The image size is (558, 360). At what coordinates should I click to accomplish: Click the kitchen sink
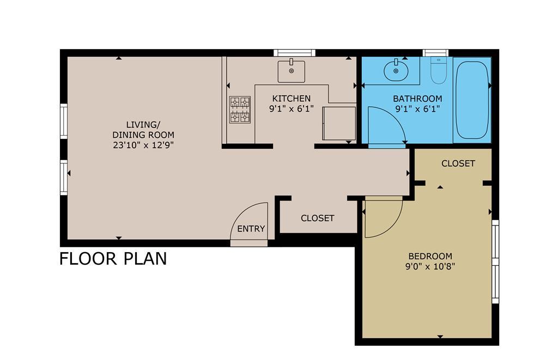(291, 71)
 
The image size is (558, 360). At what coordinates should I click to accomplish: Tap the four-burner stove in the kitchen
(240, 109)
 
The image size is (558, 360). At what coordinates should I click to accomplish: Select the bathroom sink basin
(396, 70)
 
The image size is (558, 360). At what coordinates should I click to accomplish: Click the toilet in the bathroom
(438, 70)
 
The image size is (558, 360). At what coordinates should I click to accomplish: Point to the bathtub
(472, 100)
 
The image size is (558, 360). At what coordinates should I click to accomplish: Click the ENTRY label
(251, 229)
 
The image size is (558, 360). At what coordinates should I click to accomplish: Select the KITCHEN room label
(292, 99)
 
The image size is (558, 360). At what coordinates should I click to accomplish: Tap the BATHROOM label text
(417, 99)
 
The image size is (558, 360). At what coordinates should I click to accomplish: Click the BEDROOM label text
(430, 256)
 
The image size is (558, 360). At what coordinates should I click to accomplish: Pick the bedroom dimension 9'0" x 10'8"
(430, 266)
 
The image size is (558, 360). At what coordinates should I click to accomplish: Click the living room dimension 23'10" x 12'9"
(143, 145)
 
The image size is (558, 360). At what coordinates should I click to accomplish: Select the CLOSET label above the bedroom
(458, 163)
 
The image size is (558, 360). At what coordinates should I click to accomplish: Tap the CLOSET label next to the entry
(318, 218)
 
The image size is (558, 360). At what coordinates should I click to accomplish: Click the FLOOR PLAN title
(113, 259)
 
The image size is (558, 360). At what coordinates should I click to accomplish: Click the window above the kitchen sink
(294, 53)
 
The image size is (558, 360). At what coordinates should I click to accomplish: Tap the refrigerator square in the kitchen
(339, 123)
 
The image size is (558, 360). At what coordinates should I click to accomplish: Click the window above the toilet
(435, 53)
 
